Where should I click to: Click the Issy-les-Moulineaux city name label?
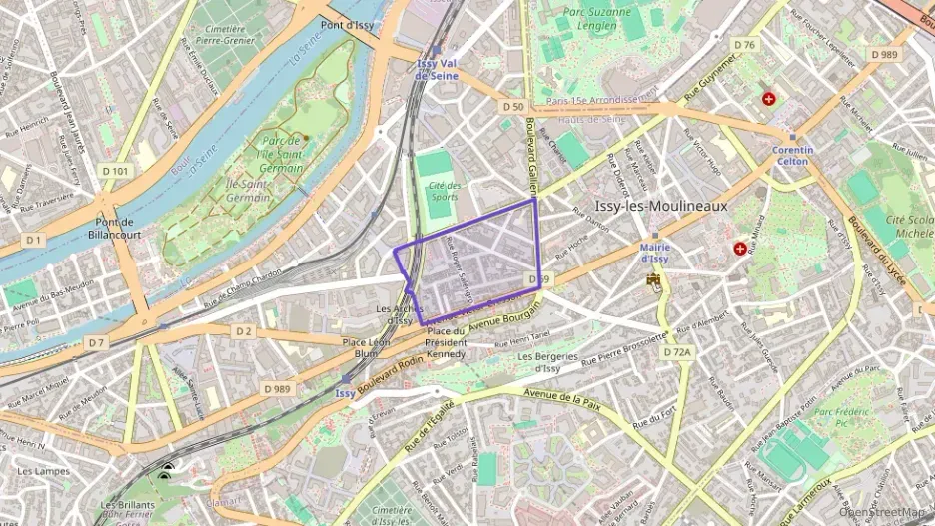[660, 206]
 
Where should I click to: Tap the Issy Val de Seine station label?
[437, 68]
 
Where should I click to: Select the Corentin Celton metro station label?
[792, 155]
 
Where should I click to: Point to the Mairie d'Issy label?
[654, 253]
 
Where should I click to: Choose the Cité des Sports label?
[445, 190]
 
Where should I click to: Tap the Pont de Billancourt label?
[115, 228]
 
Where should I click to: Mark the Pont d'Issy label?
[347, 24]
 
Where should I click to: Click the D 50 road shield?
[513, 106]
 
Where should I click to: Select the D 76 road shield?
[744, 45]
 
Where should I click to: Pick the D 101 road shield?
[115, 171]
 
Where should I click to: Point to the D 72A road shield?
[677, 352]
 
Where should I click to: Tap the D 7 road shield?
[95, 343]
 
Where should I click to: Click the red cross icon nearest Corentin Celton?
[768, 99]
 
